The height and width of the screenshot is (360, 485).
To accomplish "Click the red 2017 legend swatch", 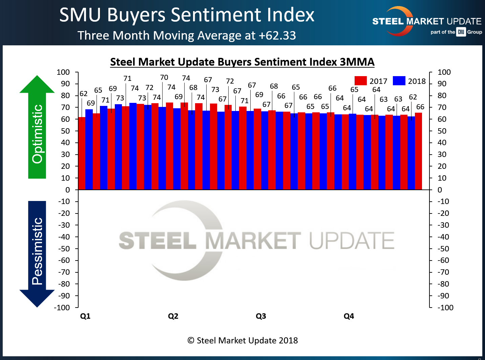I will click(360, 81).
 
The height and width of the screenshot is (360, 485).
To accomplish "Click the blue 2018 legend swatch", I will click(399, 81).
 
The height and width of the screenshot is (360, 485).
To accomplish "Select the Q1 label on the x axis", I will click(85, 316).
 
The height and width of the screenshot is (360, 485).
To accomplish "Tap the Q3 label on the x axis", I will click(261, 316).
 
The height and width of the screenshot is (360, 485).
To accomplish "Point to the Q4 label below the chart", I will click(349, 316).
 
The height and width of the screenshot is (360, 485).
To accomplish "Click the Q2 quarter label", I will click(173, 316).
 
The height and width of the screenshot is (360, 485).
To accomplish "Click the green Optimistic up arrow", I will click(37, 127).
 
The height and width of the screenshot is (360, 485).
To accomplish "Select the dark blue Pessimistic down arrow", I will click(37, 254).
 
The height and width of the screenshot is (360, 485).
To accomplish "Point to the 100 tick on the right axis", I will click(444, 72).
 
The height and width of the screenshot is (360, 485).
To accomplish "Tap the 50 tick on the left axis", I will click(65, 131).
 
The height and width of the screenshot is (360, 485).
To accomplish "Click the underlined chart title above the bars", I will click(242, 62).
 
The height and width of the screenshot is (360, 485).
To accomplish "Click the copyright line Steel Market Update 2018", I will click(242, 340).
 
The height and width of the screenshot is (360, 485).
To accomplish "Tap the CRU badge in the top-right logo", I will click(461, 32).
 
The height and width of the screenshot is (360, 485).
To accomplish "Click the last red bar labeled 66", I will click(418, 151).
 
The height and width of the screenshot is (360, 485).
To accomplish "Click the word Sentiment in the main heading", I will click(216, 15).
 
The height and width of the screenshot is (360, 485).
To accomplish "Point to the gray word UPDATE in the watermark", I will click(352, 241).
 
